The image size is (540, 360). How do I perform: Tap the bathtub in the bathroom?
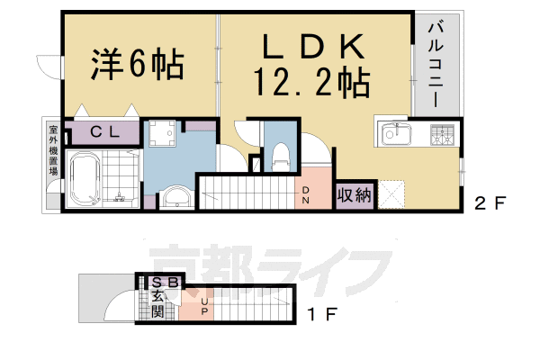coord(86,177)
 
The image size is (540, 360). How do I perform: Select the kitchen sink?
coord(397,136)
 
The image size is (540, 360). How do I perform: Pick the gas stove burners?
coord(443,136)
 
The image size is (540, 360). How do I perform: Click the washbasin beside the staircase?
coord(175,197)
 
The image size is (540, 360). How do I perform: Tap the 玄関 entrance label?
coord(157,303)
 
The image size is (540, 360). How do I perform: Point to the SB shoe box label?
coord(159,282)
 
